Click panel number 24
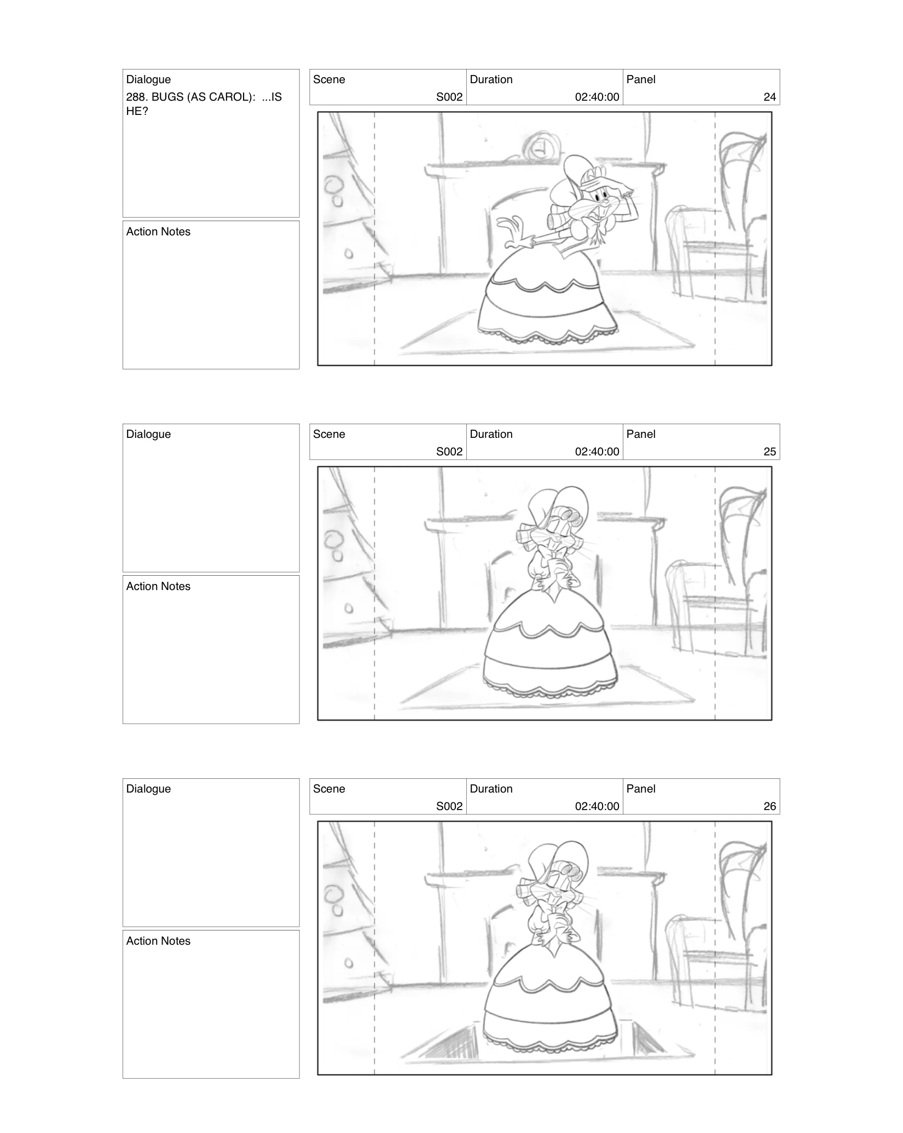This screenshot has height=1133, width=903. click(x=769, y=97)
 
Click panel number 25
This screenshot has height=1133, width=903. click(x=769, y=452)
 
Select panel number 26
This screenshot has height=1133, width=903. click(x=769, y=806)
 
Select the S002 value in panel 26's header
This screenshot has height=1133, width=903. click(x=449, y=806)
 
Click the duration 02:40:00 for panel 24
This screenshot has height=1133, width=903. click(x=597, y=97)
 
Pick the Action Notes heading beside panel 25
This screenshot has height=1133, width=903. click(x=158, y=586)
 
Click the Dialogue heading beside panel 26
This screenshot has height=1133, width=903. click(x=148, y=789)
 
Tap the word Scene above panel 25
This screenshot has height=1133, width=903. click(x=329, y=434)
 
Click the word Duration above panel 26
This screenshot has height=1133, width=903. click(x=491, y=789)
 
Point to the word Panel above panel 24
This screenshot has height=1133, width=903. click(x=640, y=79)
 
